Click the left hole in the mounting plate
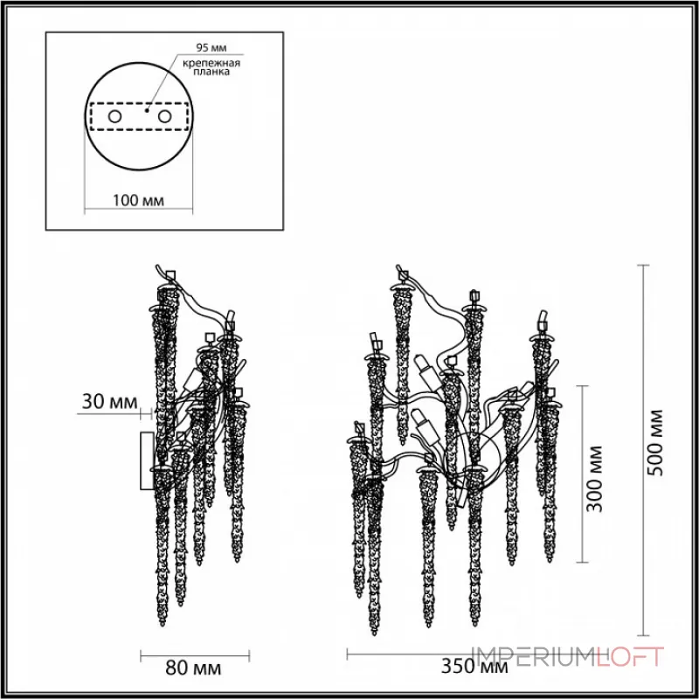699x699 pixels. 114,116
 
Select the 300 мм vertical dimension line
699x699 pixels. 578,472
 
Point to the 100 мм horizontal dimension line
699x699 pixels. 139,211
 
